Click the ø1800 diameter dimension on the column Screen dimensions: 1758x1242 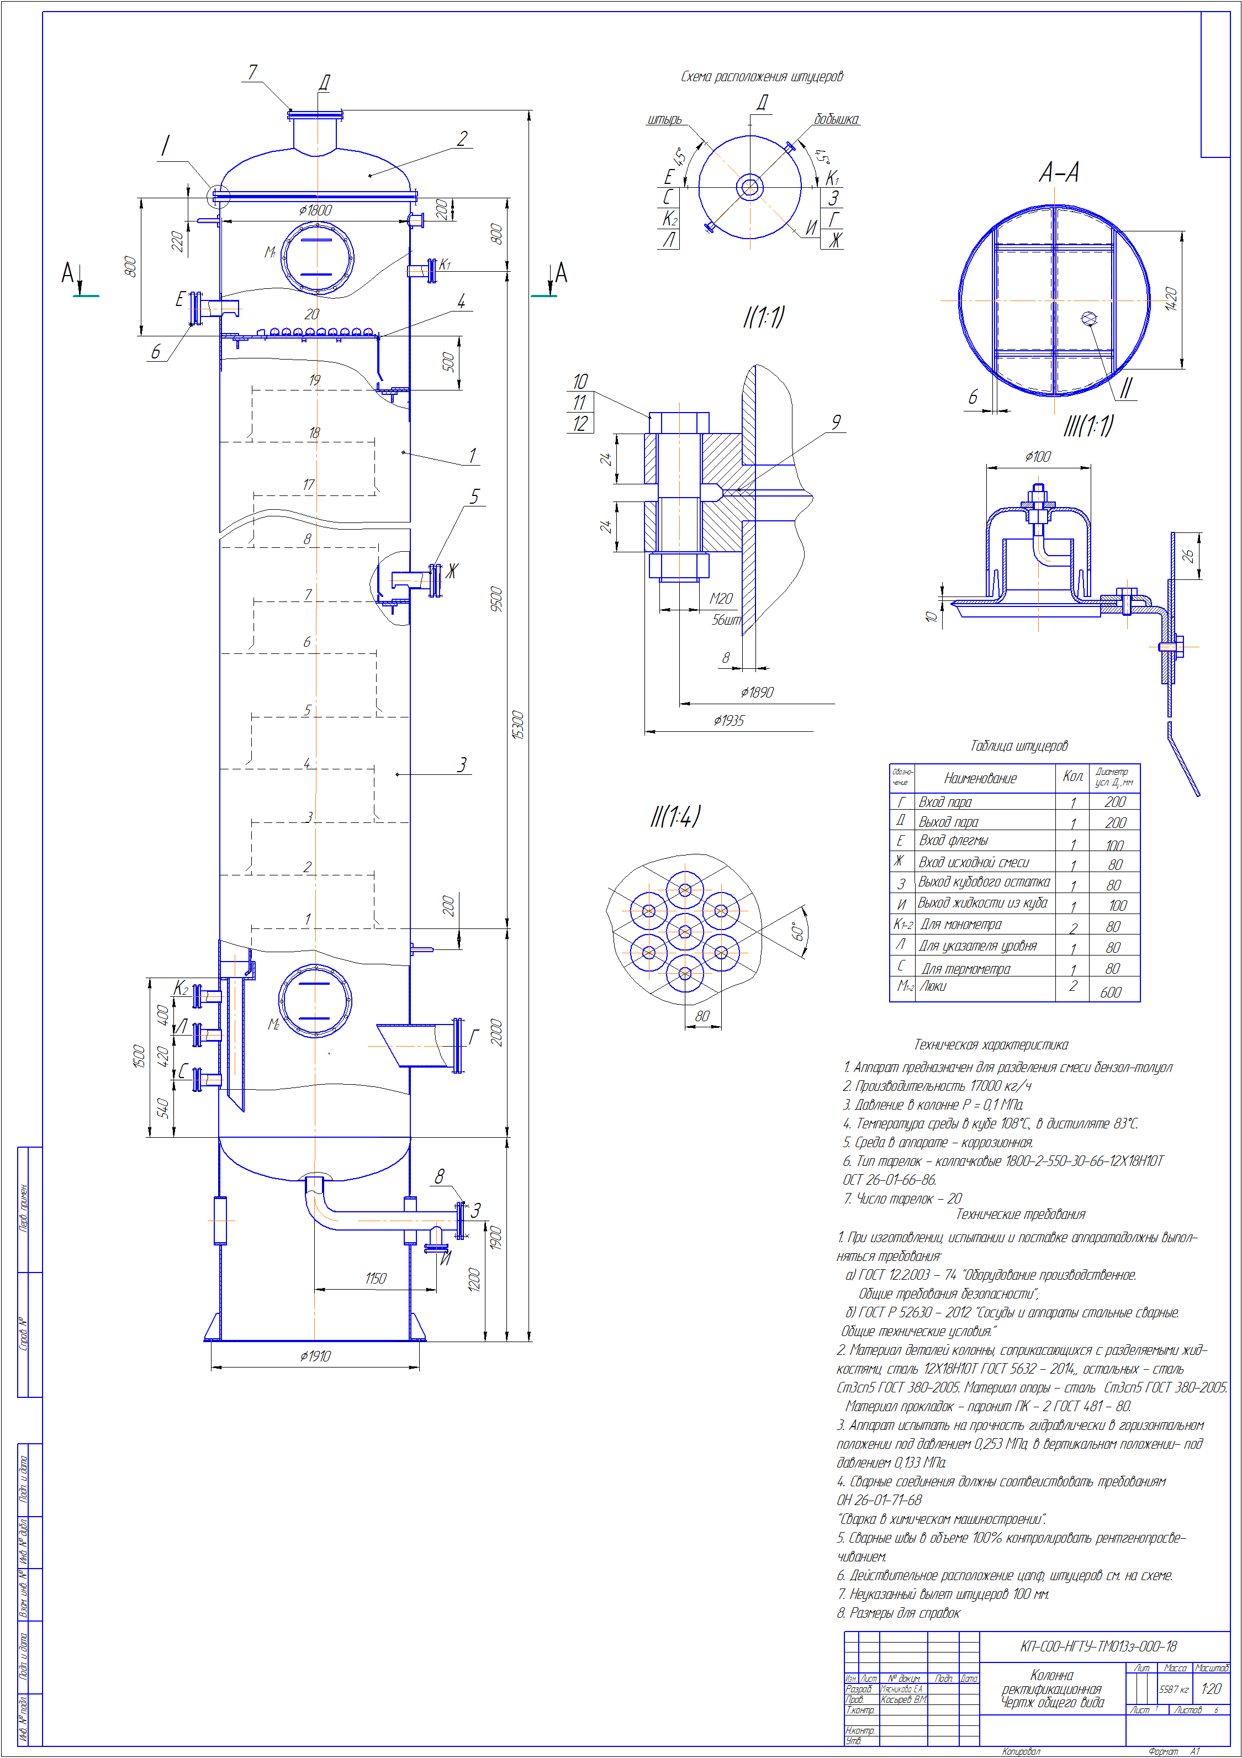(x=315, y=210)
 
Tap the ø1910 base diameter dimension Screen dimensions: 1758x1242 (x=315, y=1356)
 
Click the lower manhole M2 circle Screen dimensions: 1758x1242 (x=315, y=1001)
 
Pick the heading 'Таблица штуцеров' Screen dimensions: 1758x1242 (x=1018, y=746)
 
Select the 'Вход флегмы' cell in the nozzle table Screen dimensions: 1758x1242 (x=953, y=841)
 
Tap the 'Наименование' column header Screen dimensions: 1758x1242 (x=980, y=779)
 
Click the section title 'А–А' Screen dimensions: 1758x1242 (x=1059, y=173)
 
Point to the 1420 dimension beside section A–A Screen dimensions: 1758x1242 (x=1171, y=299)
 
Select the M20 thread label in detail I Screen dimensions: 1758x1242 (x=721, y=598)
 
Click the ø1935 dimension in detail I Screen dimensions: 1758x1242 (x=728, y=721)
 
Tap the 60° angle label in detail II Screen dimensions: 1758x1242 (x=798, y=931)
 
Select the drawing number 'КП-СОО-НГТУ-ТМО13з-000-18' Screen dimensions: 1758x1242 (x=1098, y=1646)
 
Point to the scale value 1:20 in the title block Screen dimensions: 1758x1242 (x=1211, y=1689)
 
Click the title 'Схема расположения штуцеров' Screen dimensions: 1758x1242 (x=762, y=77)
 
